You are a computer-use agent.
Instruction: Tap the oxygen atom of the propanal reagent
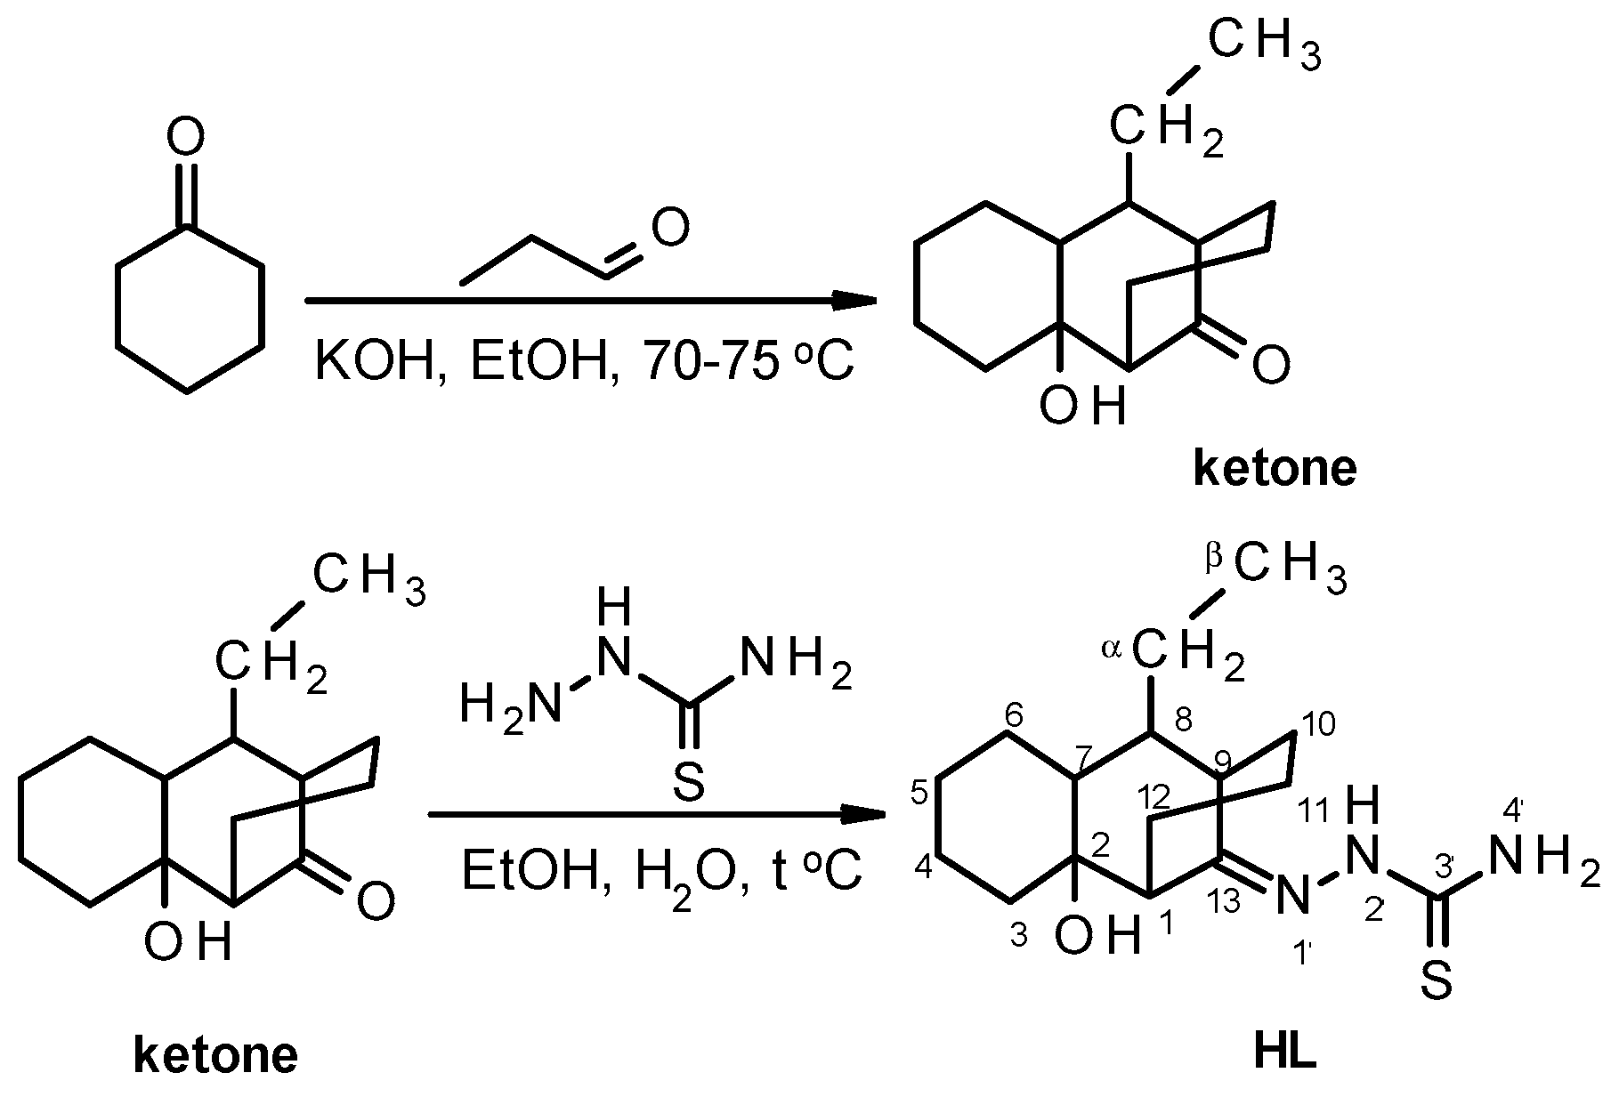click(669, 228)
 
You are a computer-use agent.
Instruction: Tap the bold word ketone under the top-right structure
click(1274, 469)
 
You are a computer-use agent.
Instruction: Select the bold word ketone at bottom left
click(215, 1056)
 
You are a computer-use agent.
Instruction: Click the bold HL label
click(1283, 1054)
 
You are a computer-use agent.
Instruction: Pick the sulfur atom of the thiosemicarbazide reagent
click(688, 784)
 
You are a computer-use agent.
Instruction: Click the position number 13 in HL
click(1226, 903)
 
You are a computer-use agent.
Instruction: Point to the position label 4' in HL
click(1514, 811)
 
